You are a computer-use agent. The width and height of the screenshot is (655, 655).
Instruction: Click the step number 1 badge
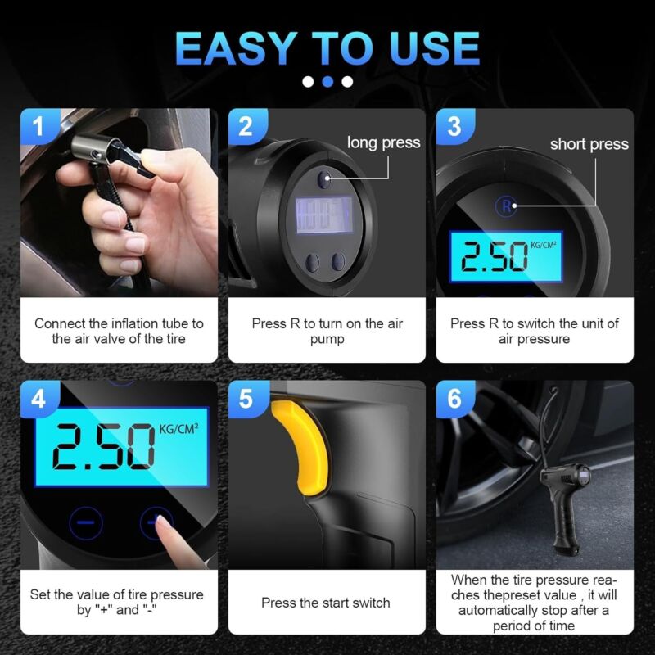(38, 126)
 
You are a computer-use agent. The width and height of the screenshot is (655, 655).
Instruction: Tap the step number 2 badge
(246, 126)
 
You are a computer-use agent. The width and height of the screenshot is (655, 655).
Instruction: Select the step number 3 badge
(454, 126)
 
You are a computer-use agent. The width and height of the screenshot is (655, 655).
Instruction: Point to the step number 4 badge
(38, 399)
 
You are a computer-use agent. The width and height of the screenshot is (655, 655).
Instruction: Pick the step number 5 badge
(246, 399)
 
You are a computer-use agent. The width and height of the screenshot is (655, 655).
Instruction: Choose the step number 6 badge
(454, 399)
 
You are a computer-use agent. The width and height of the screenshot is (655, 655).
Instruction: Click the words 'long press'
(383, 142)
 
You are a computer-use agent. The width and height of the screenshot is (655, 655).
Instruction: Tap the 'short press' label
(589, 144)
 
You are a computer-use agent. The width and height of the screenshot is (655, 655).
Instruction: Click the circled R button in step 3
(506, 206)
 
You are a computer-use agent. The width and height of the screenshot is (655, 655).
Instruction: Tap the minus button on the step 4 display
(86, 522)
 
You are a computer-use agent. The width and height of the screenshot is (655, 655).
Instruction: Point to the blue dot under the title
(328, 81)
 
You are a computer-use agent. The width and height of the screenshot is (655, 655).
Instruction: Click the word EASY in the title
(236, 48)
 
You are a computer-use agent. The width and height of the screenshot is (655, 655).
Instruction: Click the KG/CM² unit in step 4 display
(178, 429)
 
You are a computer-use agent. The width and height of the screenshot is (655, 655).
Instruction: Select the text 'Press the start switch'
(326, 603)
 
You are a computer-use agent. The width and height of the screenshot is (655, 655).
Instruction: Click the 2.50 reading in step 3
(495, 255)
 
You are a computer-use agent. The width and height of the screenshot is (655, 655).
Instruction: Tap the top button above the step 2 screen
(323, 179)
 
